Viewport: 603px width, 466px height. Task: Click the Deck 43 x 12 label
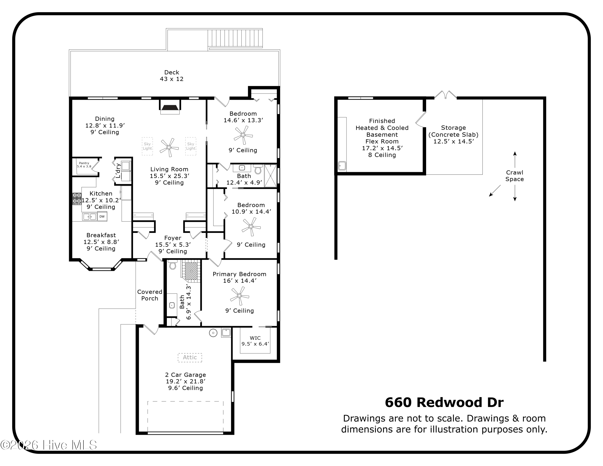(x=171, y=76)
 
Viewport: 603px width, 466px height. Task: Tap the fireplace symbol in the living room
(x=170, y=108)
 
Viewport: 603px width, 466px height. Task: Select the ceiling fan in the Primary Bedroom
(x=239, y=296)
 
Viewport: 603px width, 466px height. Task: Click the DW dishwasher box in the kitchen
(x=102, y=217)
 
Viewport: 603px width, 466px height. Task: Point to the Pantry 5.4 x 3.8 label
(x=84, y=165)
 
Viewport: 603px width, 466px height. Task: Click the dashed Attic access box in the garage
(x=190, y=357)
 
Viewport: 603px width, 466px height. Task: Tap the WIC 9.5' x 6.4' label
(x=255, y=341)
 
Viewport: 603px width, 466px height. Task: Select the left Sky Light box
(x=147, y=146)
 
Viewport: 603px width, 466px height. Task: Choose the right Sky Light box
(x=191, y=146)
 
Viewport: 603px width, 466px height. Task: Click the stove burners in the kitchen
(x=77, y=198)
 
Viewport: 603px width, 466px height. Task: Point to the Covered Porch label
(x=150, y=295)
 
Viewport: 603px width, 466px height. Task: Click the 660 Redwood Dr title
(x=444, y=402)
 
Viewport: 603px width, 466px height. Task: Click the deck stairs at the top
(x=235, y=38)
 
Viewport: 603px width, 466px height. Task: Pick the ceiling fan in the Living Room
(x=169, y=147)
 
